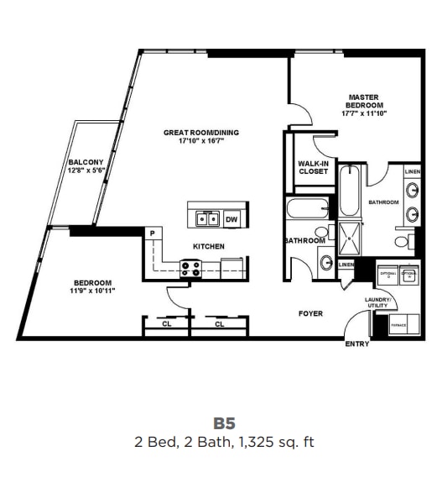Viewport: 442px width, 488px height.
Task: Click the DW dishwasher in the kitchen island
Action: (x=232, y=220)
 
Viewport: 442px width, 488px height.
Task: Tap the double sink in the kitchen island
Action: (x=207, y=220)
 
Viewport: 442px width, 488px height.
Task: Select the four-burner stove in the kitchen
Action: (x=190, y=269)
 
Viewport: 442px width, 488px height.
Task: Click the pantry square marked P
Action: (x=153, y=234)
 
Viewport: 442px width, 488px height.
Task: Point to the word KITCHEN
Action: (x=208, y=247)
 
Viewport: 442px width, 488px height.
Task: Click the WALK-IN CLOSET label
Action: (x=313, y=167)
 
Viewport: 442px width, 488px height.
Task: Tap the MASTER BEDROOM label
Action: (x=362, y=105)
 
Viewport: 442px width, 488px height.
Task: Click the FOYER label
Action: (x=311, y=314)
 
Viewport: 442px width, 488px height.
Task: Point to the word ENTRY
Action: (x=357, y=344)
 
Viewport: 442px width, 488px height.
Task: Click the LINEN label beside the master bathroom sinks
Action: (x=412, y=172)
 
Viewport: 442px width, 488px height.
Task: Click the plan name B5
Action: (x=221, y=424)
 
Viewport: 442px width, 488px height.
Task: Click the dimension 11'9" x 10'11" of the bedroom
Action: (x=93, y=291)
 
